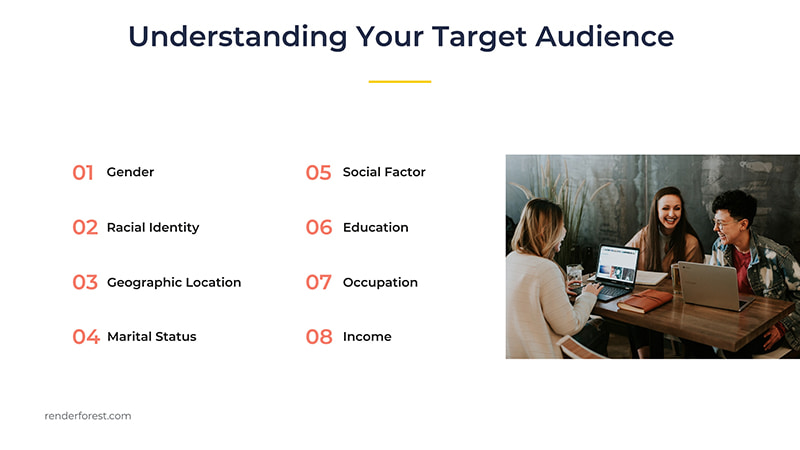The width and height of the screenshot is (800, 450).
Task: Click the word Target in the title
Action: pos(479,36)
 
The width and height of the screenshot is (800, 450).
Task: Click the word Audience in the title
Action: pos(604,36)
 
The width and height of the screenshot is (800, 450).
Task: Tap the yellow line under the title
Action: pos(400,81)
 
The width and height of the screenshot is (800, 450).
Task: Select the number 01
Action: pos(83,173)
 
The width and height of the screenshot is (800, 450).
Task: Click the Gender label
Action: pos(130,172)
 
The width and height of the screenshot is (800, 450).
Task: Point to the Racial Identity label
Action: pos(153,228)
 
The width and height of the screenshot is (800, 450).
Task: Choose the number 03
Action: pos(85,283)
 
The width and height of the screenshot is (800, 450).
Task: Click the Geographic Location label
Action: pos(174,283)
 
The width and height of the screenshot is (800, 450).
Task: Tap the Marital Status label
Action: pos(152,337)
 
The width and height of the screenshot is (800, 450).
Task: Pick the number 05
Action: pos(318,173)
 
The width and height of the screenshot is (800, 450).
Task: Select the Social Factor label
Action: pos(384,172)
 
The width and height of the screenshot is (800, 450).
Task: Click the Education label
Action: pos(375,228)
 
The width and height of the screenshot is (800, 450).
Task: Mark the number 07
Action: pos(318,283)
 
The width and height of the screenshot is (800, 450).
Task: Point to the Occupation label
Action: pos(380,283)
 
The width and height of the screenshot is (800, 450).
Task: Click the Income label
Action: pos(367,337)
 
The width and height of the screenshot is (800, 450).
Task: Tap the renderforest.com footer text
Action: pos(88,416)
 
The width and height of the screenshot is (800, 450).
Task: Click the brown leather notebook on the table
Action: pos(644,300)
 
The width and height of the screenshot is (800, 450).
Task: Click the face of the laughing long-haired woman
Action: pos(667,213)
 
